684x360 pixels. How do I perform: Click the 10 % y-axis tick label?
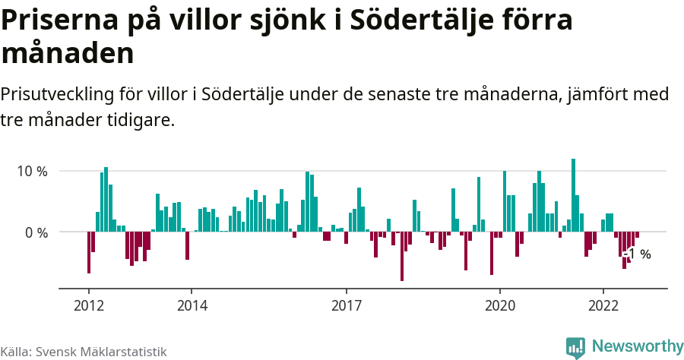pos(31,171)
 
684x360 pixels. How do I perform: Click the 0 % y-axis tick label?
pos(34,232)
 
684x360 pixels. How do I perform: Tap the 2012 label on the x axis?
pos(89,305)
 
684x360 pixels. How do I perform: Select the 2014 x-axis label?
pos(192,305)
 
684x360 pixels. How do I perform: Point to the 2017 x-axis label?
pos(347,305)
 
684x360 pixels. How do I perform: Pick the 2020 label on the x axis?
pos(501,305)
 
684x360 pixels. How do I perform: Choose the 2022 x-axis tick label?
pos(603,305)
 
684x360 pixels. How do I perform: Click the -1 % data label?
pos(638,254)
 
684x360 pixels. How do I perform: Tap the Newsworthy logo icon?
pos(575,347)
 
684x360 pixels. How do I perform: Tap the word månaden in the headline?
pos(68,53)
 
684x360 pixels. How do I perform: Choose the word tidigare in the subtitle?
pos(144,120)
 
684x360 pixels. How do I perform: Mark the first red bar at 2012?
pos(89,252)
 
